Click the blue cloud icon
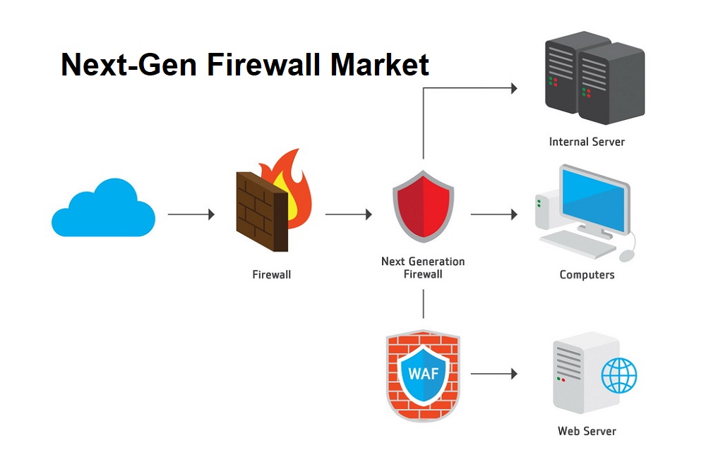click(103, 209)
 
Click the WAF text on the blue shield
click(423, 373)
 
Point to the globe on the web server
click(618, 375)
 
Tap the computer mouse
click(627, 255)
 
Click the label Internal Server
click(587, 142)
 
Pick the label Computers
click(587, 275)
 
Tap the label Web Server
click(587, 431)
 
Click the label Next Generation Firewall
click(423, 267)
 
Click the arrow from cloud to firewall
click(191, 214)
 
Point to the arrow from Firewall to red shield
click(348, 214)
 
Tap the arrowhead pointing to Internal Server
click(514, 88)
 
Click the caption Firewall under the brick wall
click(271, 275)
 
